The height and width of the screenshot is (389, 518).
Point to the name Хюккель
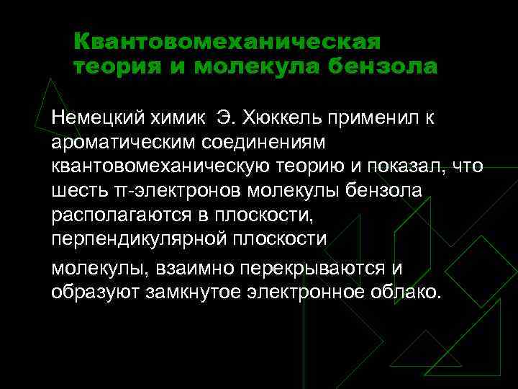pos(283,117)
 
